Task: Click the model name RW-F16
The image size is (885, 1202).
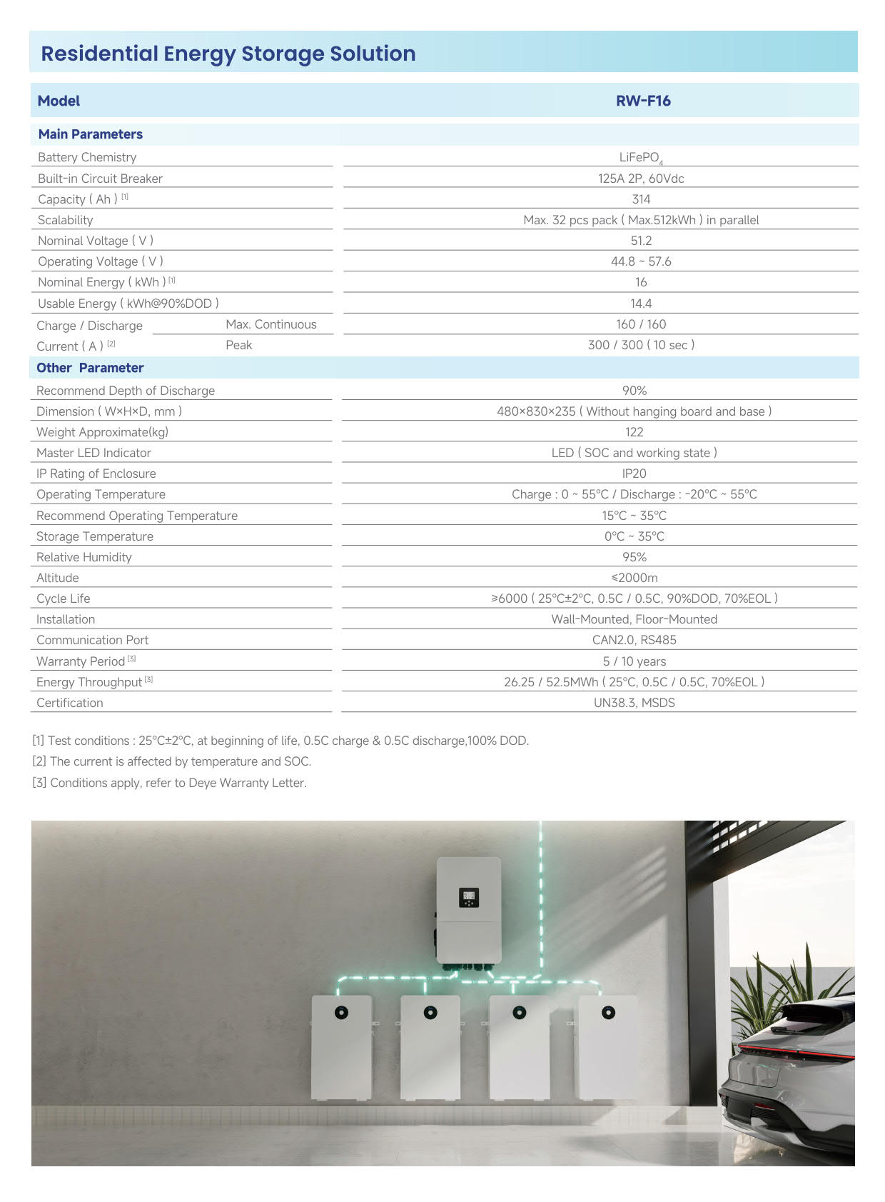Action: [643, 101]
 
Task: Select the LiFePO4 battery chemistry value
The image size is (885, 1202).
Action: [640, 158]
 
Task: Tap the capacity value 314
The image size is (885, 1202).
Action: [641, 199]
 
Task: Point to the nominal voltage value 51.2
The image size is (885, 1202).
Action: [641, 241]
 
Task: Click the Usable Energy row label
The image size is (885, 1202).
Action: [128, 304]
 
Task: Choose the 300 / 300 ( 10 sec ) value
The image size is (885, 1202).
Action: [641, 345]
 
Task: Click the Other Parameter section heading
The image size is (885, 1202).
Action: [90, 368]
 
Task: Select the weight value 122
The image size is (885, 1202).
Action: [634, 432]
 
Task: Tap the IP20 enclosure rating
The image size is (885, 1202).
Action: [634, 474]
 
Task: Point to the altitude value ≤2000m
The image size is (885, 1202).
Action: [634, 578]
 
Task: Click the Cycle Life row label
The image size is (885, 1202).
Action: [63, 599]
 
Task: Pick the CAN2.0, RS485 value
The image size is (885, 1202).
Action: [634, 640]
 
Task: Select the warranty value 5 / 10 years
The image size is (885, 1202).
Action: [634, 661]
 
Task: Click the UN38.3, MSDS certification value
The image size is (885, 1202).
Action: [634, 703]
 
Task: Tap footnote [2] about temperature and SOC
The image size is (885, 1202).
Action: [172, 761]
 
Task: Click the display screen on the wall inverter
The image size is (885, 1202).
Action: [469, 897]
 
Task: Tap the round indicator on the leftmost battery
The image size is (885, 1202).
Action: [341, 1013]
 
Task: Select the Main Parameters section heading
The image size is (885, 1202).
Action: [90, 134]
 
